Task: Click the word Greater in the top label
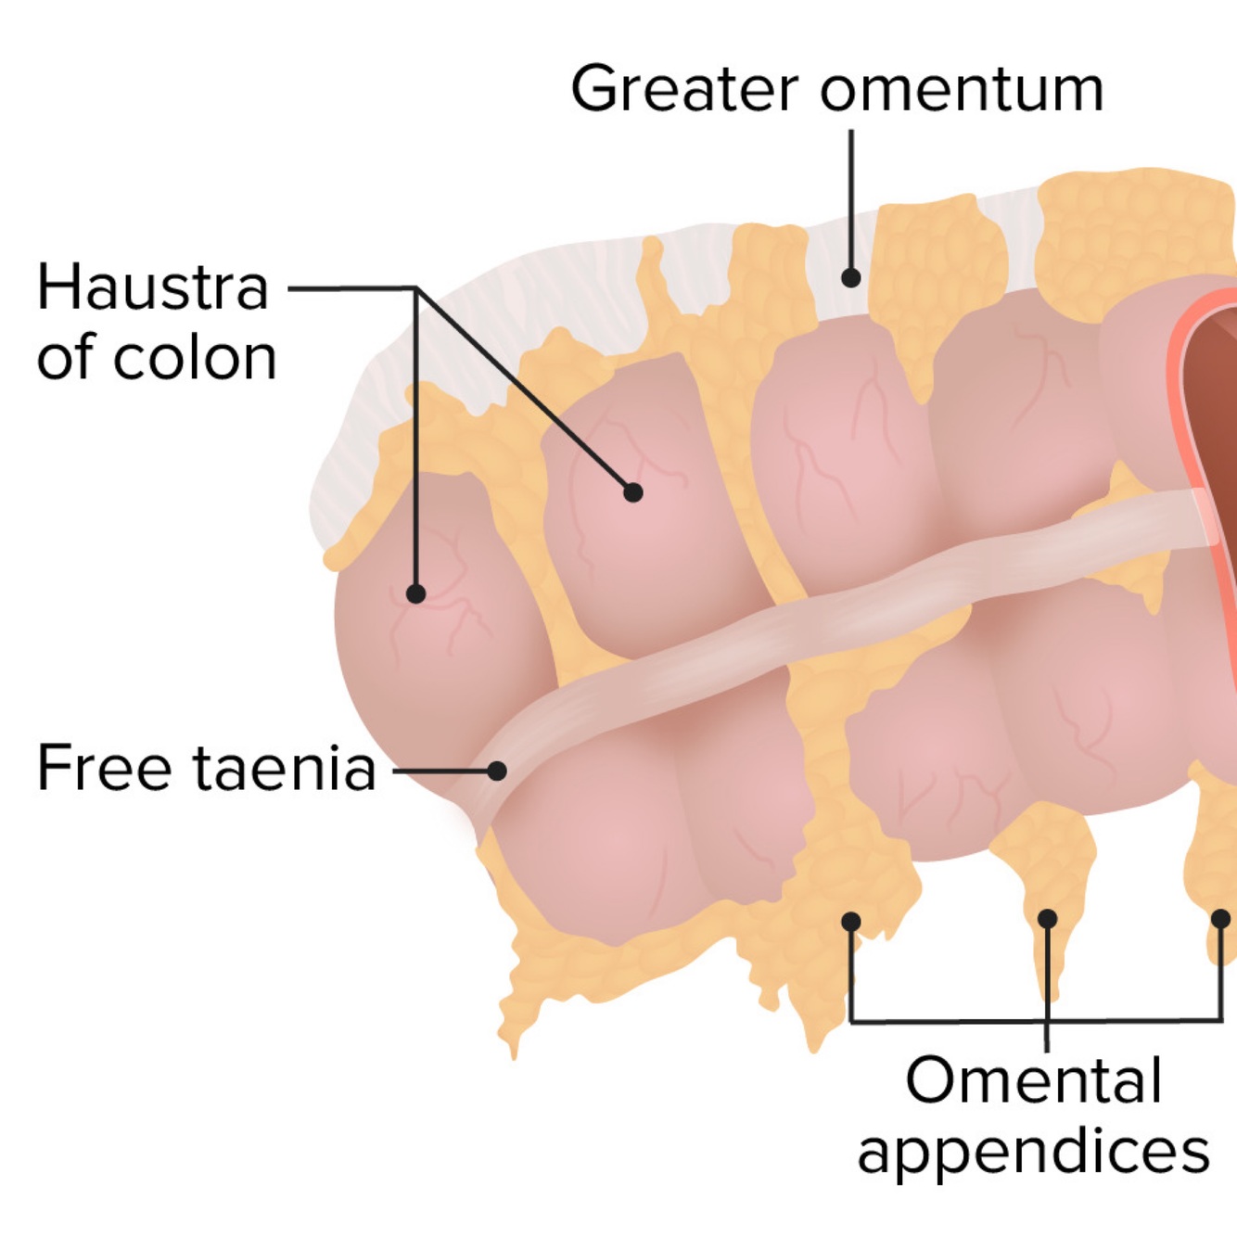pyautogui.click(x=684, y=89)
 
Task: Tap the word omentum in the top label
pyautogui.click(x=962, y=91)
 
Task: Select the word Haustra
pyautogui.click(x=153, y=287)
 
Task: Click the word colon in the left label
pyautogui.click(x=194, y=358)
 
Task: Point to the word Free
pyautogui.click(x=104, y=768)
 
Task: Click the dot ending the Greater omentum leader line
pyautogui.click(x=850, y=277)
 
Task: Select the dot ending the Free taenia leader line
pyautogui.click(x=497, y=771)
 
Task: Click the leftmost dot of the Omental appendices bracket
pyautogui.click(x=850, y=921)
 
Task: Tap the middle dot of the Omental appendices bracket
pyautogui.click(x=1047, y=919)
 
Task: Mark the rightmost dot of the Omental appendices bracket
pyautogui.click(x=1221, y=919)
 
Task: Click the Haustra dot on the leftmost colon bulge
pyautogui.click(x=416, y=593)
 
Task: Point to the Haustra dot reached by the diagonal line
pyautogui.click(x=633, y=492)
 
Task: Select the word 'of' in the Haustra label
pyautogui.click(x=67, y=358)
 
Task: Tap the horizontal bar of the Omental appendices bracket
pyautogui.click(x=946, y=1021)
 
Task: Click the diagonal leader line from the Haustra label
pyautogui.click(x=524, y=389)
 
